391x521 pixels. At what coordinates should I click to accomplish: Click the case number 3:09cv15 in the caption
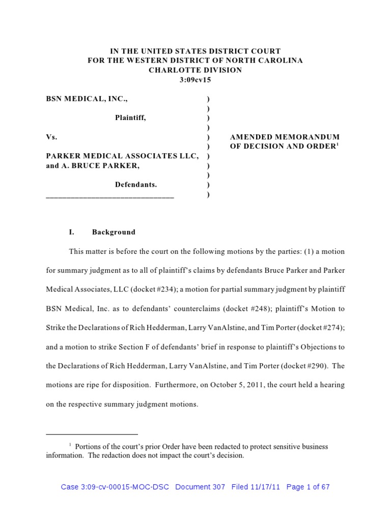coord(195,80)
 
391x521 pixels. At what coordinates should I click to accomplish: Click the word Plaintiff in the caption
coord(130,118)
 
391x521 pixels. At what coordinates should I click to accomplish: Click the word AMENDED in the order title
coord(249,137)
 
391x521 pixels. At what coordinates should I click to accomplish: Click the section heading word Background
coord(114,232)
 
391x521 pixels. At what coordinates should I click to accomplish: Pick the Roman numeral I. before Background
coord(72,232)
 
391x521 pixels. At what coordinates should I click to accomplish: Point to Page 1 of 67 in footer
coord(308,487)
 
